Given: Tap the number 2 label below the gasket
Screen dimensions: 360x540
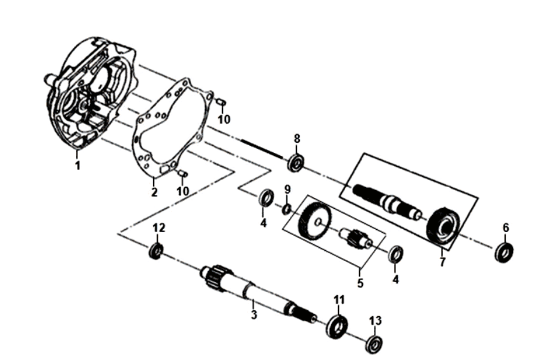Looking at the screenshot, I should pos(154,193).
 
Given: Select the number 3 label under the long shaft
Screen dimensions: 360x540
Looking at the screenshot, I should pos(254,314).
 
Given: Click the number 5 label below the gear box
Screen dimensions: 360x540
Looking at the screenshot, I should pos(360,283).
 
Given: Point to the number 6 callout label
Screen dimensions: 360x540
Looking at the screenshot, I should pos(505,228).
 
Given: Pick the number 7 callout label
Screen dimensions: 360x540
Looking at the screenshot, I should pos(443,263).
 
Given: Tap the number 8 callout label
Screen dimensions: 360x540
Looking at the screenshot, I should pos(296,139).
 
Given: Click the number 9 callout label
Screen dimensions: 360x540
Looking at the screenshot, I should pos(287,190).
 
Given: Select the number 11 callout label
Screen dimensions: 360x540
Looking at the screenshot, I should pos(340,299).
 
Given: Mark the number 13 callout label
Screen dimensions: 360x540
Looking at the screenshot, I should pos(375,321).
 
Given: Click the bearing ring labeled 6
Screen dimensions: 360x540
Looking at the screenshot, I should pos(504,252).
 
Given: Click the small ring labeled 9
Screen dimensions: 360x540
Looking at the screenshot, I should pos(287,208).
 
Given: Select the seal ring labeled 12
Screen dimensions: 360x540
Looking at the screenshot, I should pos(156,250).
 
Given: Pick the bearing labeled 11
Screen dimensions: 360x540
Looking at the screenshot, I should pos(338,327).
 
